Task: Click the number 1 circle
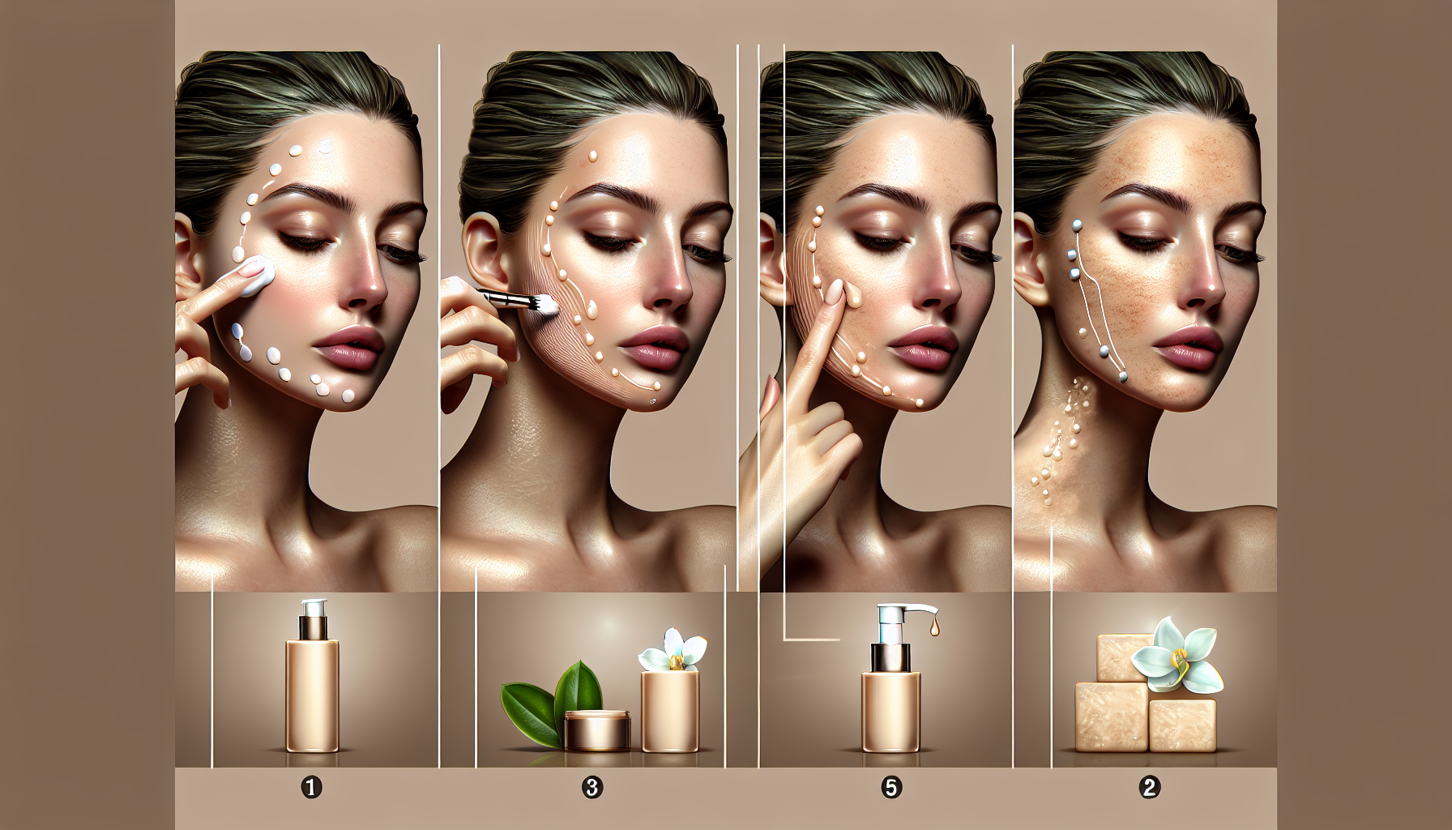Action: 312,786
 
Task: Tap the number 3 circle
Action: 592,786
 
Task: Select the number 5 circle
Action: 891,786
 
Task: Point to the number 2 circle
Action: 1149,786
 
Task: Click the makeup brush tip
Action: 534,305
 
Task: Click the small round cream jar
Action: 597,729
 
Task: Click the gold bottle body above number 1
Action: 313,695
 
